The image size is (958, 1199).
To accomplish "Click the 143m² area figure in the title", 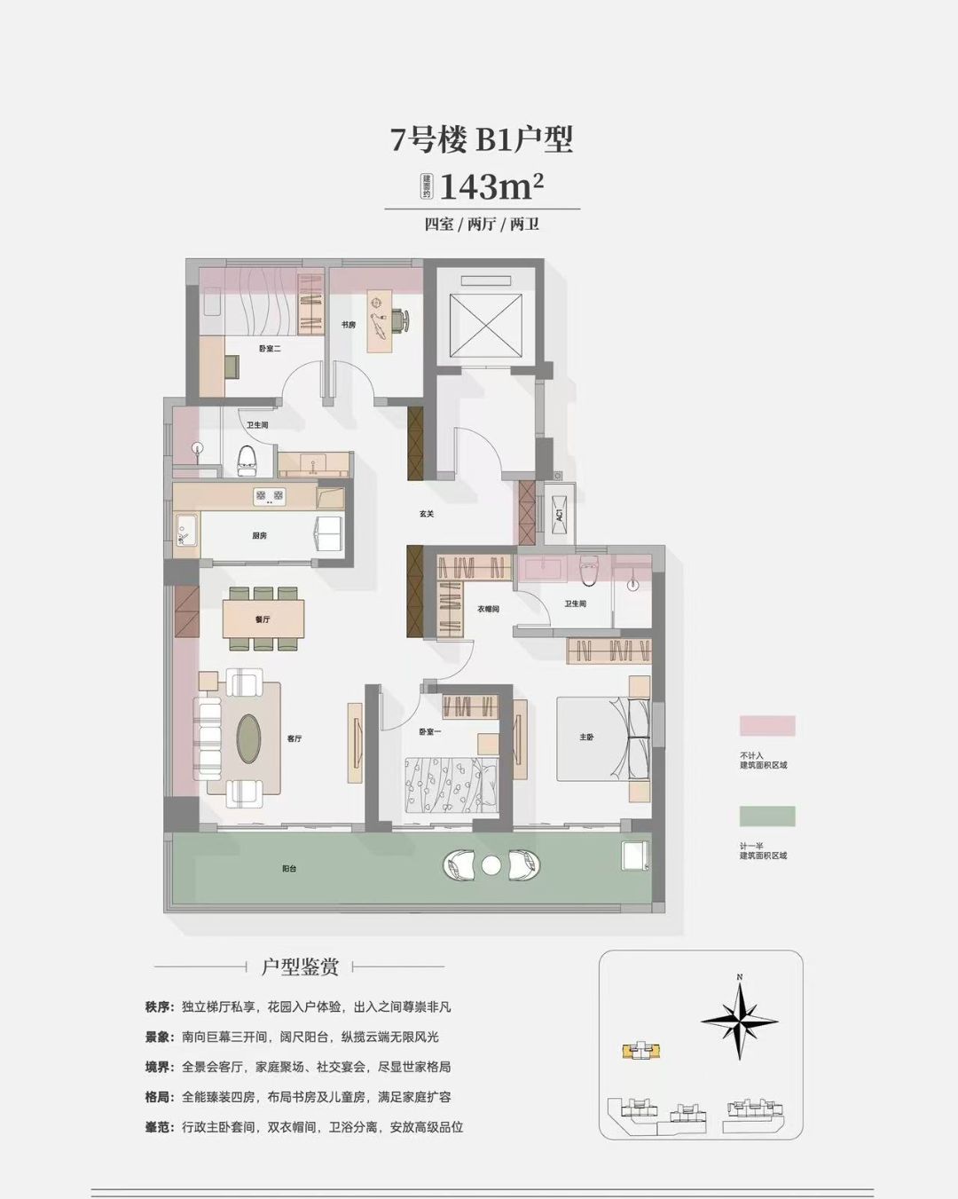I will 491,187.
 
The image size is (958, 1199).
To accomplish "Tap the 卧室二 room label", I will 270,349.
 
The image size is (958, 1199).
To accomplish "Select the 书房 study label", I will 348,326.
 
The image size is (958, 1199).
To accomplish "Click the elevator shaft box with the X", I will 487,322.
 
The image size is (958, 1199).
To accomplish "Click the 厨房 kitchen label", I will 259,536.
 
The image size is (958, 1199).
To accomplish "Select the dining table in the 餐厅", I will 264,619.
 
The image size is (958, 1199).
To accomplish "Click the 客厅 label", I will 294,738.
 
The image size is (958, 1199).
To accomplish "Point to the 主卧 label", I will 586,738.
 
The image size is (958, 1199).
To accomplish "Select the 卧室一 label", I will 430,731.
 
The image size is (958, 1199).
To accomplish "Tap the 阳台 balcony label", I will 289,869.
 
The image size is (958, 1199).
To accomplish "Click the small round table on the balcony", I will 491,864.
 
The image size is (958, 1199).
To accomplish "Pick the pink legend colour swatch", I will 767,725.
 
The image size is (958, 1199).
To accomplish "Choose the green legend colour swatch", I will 767,816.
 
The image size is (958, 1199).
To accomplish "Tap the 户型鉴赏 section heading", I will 300,966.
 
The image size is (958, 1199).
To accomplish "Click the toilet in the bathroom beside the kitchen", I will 247,459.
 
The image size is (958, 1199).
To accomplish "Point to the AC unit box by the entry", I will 560,514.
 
